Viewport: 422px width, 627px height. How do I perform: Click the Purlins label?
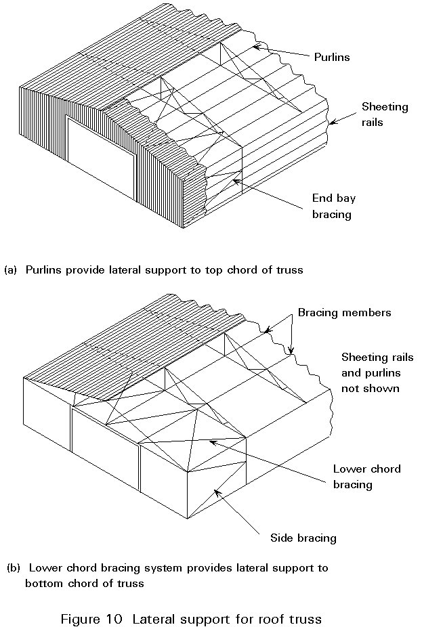point(332,58)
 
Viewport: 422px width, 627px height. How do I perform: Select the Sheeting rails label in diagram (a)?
point(385,114)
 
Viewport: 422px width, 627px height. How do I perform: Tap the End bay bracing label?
point(333,205)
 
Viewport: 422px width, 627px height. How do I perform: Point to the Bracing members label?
point(344,313)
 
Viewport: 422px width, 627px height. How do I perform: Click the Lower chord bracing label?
point(366,477)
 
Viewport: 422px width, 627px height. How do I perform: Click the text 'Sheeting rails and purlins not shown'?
point(377,372)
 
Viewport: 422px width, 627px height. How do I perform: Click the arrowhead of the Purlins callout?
point(256,47)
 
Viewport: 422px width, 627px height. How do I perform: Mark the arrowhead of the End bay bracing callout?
point(234,180)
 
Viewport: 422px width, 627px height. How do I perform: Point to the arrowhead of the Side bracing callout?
point(216,491)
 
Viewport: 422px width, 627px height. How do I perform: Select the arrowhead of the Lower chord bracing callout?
point(212,442)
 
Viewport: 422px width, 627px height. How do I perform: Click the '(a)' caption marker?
point(10,269)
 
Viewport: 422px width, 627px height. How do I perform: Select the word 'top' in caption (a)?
point(193,270)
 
